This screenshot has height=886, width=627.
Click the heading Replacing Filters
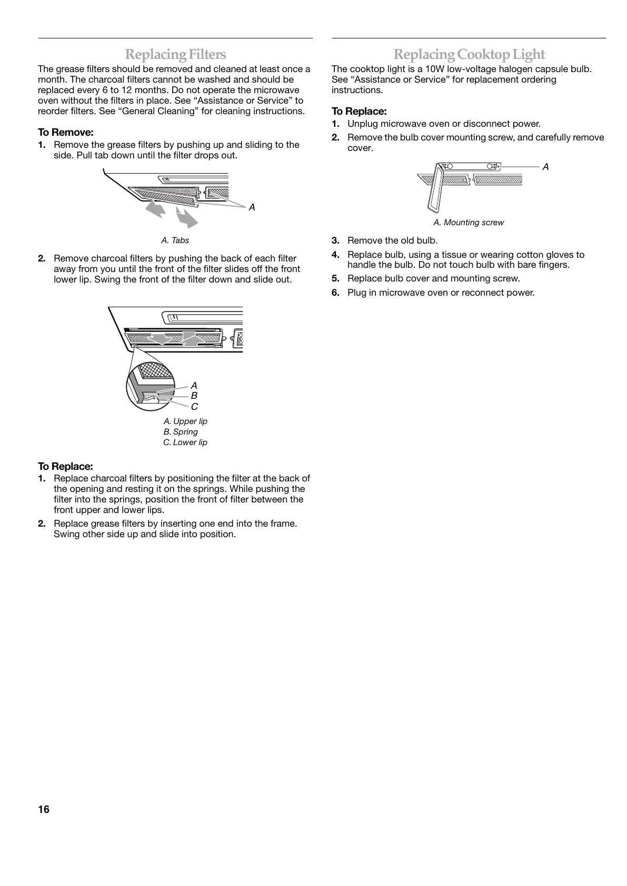pos(175,54)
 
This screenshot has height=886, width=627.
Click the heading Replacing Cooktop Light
pos(469,54)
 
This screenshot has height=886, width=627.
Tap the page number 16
pos(44,809)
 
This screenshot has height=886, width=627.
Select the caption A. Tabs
pos(175,240)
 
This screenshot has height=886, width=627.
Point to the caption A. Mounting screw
pos(468,223)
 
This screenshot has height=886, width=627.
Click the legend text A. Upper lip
pos(185,421)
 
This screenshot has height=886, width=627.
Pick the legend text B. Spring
pos(181,432)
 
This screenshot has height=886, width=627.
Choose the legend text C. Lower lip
pos(185,442)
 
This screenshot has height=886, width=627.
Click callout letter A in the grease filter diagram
pos(252,207)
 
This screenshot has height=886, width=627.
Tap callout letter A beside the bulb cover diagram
pos(546,167)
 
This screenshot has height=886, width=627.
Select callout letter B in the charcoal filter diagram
pos(194,396)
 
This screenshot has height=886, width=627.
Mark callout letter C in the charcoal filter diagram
pos(194,407)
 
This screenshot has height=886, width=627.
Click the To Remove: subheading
pos(66,132)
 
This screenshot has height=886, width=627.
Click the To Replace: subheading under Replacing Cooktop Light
pos(359,112)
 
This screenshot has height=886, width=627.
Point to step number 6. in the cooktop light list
pos(335,293)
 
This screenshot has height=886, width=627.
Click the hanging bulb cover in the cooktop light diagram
pos(434,187)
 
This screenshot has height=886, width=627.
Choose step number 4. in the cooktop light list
pos(335,255)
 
